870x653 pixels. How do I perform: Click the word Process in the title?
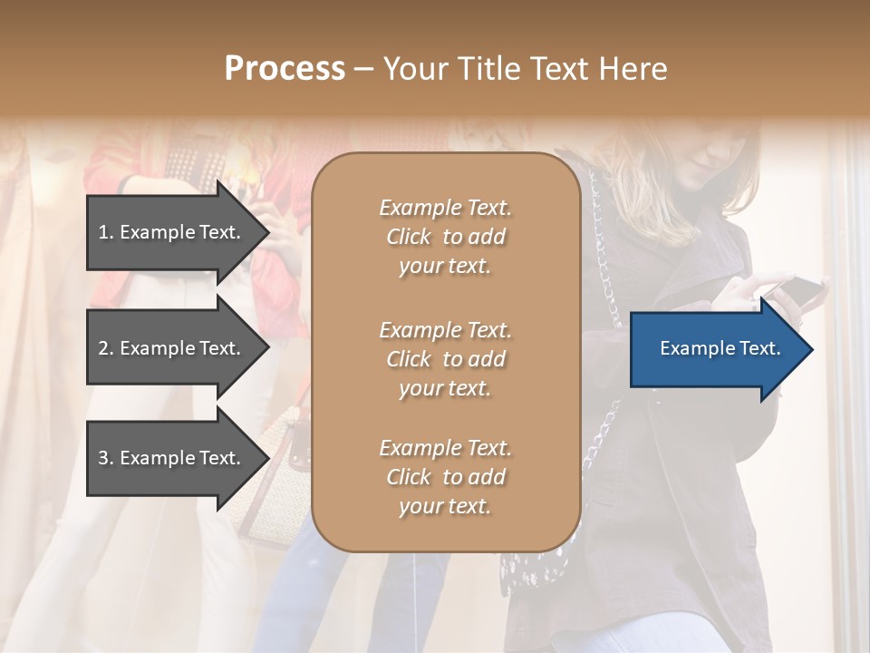285,69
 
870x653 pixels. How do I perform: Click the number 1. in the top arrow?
106,232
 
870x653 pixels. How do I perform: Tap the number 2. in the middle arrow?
106,348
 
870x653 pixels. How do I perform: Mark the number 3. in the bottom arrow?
106,458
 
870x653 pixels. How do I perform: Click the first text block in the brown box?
445,237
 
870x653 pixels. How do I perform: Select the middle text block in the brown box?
445,359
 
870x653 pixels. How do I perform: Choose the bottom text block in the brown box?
445,477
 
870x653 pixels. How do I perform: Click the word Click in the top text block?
409,237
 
